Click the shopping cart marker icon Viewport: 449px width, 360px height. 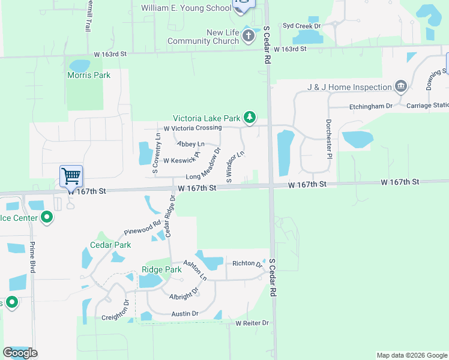pyautogui.click(x=71, y=176)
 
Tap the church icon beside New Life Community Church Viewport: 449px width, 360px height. pyautogui.click(x=249, y=37)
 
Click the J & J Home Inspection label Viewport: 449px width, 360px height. pyautogui.click(x=349, y=87)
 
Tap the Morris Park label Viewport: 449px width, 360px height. pyautogui.click(x=89, y=75)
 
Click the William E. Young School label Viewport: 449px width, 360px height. pyautogui.click(x=186, y=8)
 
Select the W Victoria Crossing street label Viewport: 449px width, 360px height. pyautogui.click(x=193, y=128)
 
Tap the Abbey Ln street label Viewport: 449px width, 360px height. pyautogui.click(x=190, y=144)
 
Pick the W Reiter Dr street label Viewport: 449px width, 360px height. pyautogui.click(x=252, y=323)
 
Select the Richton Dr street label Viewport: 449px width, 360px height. pyautogui.click(x=247, y=263)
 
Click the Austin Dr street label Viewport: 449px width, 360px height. pyautogui.click(x=185, y=313)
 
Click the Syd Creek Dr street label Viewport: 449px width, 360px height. pyautogui.click(x=302, y=26)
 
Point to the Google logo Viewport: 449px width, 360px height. pyautogui.click(x=20, y=353)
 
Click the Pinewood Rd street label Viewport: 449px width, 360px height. pyautogui.click(x=142, y=228)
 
